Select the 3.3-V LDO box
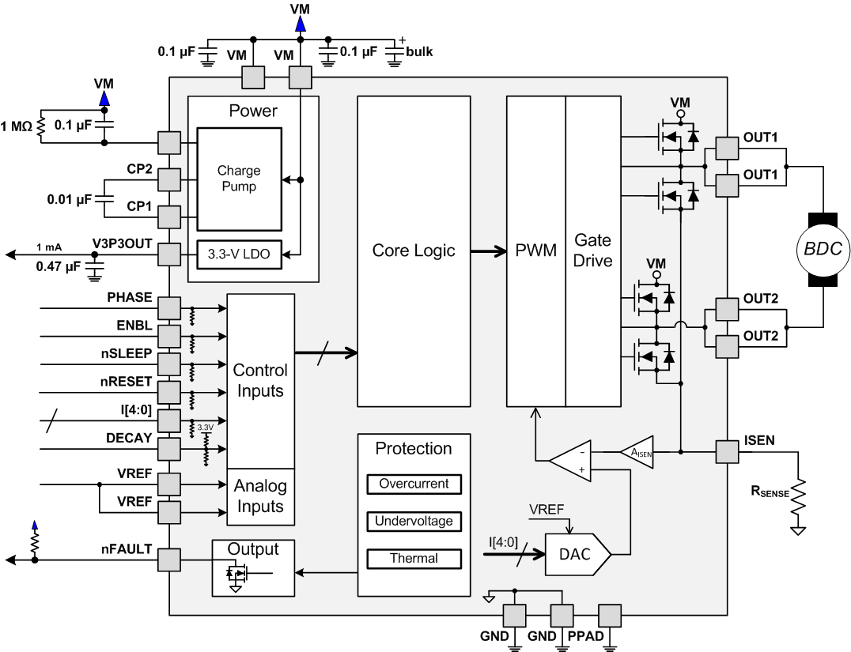tap(238, 254)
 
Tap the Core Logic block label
tap(414, 251)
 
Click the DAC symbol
tap(576, 554)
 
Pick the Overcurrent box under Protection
tap(414, 484)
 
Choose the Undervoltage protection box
tap(414, 521)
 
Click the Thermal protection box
tap(414, 558)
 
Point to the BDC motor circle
tap(823, 250)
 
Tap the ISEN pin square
tap(727, 452)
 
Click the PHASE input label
tap(130, 297)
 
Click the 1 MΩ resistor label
tap(17, 126)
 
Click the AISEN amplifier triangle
tap(639, 451)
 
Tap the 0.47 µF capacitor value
tap(58, 266)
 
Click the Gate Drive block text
tap(593, 250)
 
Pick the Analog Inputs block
tap(260, 496)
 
